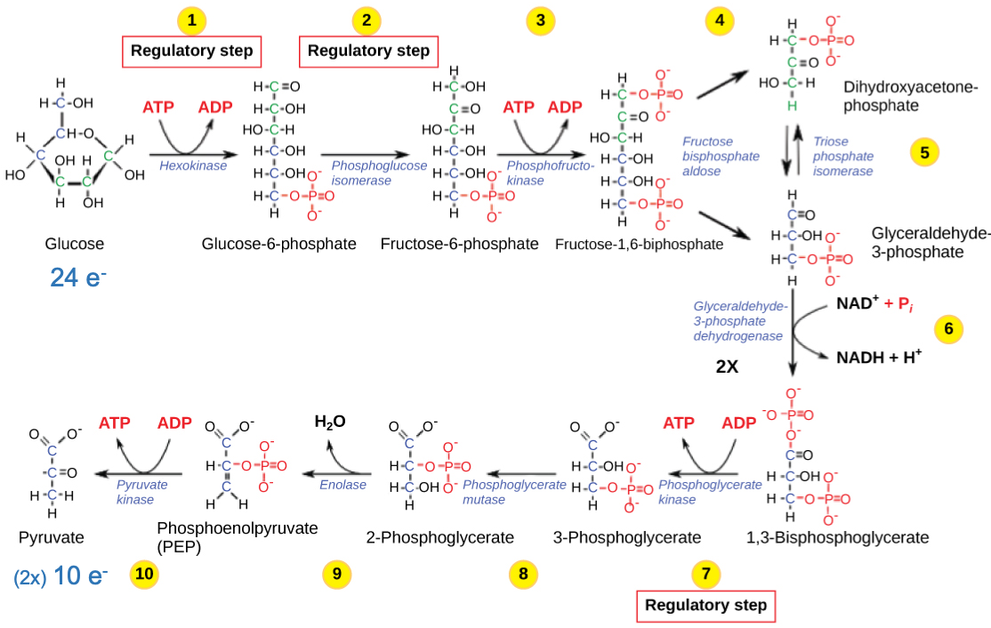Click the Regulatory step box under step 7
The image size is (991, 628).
pyautogui.click(x=705, y=606)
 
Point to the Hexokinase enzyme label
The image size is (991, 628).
pyautogui.click(x=193, y=165)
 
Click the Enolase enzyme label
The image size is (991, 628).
pyautogui.click(x=342, y=485)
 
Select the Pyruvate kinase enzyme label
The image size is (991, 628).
pyautogui.click(x=141, y=492)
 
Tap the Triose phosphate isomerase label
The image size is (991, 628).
pyautogui.click(x=843, y=156)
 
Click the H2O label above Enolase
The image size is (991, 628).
pyautogui.click(x=330, y=422)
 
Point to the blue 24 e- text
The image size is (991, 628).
pyautogui.click(x=78, y=278)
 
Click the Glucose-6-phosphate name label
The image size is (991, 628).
pyautogui.click(x=279, y=244)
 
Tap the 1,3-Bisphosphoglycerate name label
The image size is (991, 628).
pyautogui.click(x=838, y=537)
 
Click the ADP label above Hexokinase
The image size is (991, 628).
pyautogui.click(x=214, y=108)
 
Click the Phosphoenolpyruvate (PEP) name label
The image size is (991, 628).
pyautogui.click(x=237, y=536)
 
